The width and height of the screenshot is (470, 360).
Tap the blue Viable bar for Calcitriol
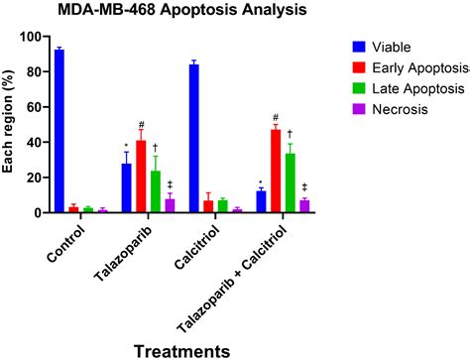coord(194,138)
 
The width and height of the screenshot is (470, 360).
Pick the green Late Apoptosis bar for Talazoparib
coord(155,191)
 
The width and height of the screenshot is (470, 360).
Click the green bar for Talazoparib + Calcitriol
coord(290,182)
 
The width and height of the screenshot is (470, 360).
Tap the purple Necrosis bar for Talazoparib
coord(169,205)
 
